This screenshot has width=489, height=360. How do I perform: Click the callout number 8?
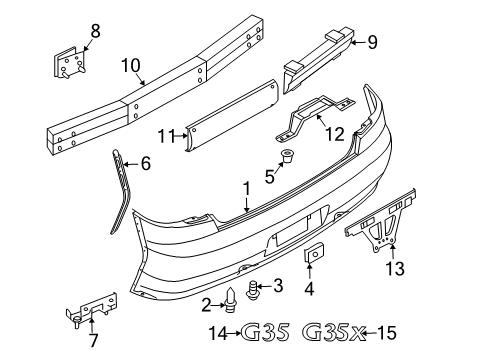96,32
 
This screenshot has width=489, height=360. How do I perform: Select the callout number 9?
372,42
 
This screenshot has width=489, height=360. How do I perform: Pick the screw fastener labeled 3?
254,287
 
